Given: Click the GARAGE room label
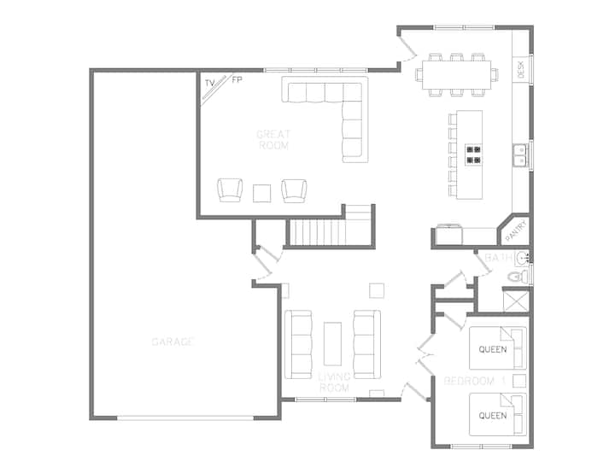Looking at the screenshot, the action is tap(173, 341).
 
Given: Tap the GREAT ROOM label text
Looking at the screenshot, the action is tap(273, 140).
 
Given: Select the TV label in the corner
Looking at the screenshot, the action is tap(210, 83).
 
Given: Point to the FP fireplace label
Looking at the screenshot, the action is tap(237, 80).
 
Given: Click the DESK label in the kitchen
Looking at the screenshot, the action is tap(521, 70).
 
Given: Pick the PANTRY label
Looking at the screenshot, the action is tap(515, 230).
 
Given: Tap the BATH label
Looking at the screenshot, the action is tap(499, 258).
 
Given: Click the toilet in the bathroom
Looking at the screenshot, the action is tap(518, 277).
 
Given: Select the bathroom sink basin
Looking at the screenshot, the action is tap(522, 258).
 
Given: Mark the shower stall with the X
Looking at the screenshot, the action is tap(516, 301).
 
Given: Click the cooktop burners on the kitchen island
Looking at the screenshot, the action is tap(473, 155).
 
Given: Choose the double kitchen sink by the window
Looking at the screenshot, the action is tap(519, 155).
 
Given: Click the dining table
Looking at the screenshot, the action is tap(456, 74).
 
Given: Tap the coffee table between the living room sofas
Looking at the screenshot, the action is tap(332, 344).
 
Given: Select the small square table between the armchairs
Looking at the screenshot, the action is tap(261, 193).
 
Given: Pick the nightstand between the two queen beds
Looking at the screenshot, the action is tap(519, 381).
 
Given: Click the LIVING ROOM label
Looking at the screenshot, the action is tap(334, 382).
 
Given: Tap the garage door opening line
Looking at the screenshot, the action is tap(185, 418).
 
